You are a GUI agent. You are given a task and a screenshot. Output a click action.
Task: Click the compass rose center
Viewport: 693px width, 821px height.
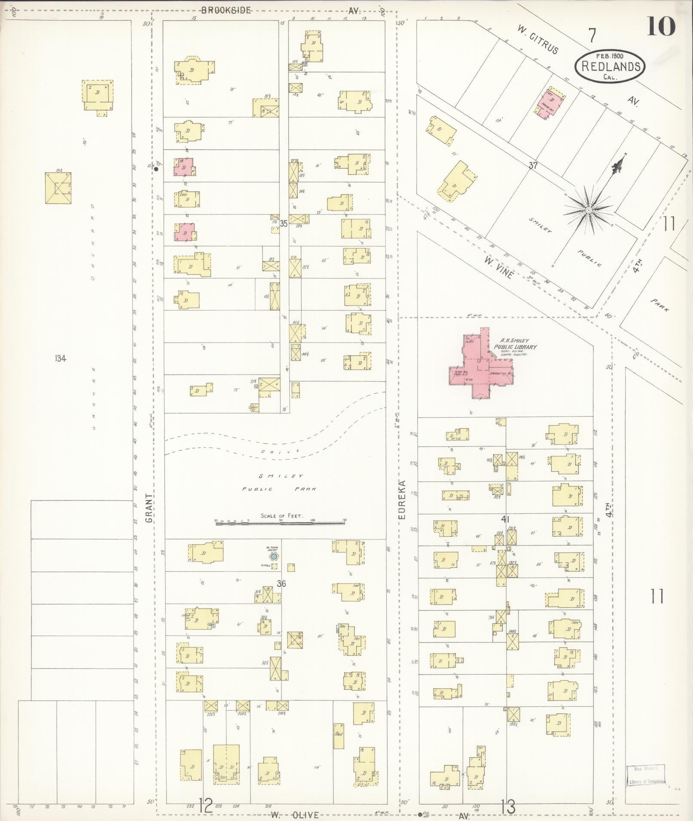(x=589, y=209)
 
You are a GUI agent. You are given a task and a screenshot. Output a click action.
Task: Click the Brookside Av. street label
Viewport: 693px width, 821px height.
(x=226, y=11)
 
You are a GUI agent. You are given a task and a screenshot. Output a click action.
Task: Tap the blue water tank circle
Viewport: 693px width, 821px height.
(x=273, y=557)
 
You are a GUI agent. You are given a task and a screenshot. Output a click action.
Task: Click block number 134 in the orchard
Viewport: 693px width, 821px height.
(x=60, y=358)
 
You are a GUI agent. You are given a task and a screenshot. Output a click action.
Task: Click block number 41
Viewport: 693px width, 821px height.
(x=505, y=519)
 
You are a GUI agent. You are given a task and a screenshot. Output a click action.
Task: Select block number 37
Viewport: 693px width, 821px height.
(x=533, y=165)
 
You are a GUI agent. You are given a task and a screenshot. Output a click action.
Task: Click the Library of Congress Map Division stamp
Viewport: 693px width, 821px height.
(x=646, y=777)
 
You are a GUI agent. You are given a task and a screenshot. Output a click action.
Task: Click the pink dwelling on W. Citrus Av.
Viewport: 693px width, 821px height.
(x=550, y=103)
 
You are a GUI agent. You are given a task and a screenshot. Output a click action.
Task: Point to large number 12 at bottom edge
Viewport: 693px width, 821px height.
(x=205, y=806)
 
